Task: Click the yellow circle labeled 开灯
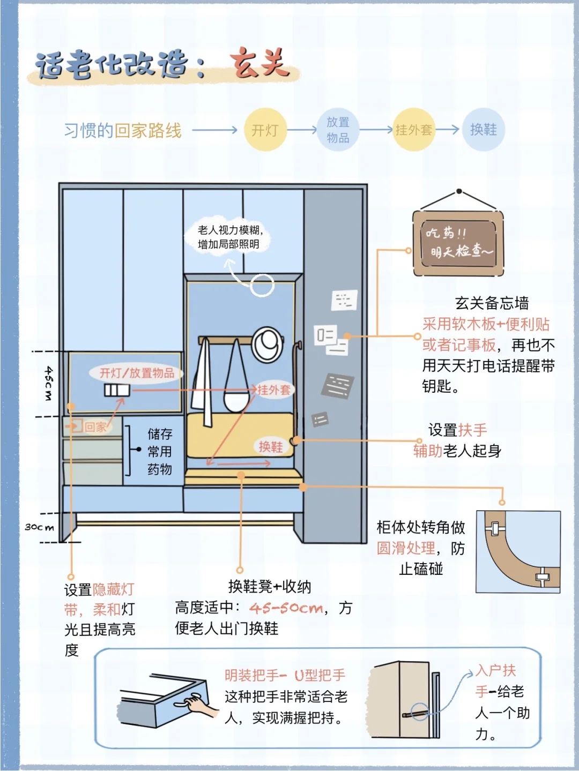click(265, 130)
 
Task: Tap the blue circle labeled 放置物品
click(338, 130)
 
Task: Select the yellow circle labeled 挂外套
click(413, 130)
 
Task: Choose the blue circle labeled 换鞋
click(484, 130)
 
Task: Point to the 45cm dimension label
click(48, 384)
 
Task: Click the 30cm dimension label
click(40, 527)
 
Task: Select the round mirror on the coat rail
click(267, 344)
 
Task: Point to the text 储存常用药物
click(160, 451)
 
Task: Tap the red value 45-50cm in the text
click(286, 608)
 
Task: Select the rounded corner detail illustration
click(518, 551)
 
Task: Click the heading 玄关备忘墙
click(492, 303)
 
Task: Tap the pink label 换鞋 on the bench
click(271, 447)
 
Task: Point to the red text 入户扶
click(496, 670)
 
